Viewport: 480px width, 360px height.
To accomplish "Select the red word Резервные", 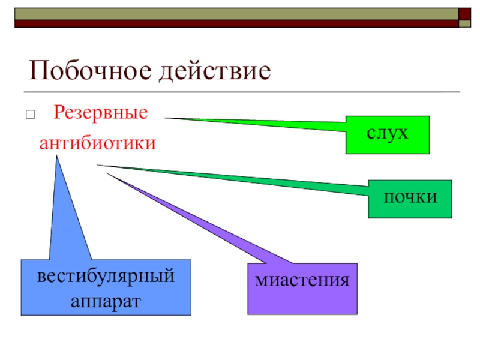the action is [100, 112].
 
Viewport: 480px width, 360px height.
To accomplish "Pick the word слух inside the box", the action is [388, 133].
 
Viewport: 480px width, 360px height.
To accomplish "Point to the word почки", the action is [410, 197].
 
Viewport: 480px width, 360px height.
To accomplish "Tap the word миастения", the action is [302, 280].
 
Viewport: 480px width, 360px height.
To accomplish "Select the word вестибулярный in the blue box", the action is [106, 277].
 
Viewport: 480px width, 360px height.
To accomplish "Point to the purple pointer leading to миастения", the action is [198, 222].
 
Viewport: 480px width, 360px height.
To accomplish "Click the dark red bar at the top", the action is [234, 24].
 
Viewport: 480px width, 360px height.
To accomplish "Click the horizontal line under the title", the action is [240, 92].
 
